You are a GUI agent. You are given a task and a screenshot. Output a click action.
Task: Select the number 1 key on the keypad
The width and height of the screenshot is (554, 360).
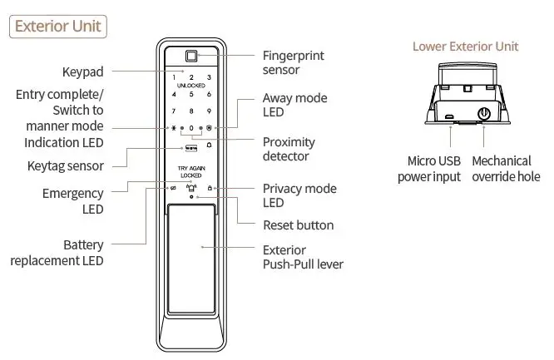tap(175, 77)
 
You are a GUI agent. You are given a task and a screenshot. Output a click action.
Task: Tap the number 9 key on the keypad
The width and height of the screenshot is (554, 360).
tap(209, 111)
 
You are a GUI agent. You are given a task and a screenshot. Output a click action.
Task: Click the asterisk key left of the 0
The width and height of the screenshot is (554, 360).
tap(174, 129)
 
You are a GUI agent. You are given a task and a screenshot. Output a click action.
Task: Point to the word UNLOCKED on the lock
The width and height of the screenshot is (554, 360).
tap(191, 86)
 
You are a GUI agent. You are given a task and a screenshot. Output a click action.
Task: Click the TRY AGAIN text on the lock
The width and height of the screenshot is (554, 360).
tap(191, 169)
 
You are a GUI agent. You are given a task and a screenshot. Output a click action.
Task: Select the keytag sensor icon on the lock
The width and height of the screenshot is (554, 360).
tap(190, 147)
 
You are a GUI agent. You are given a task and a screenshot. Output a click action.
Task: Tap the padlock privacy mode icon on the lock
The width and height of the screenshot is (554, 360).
tap(210, 189)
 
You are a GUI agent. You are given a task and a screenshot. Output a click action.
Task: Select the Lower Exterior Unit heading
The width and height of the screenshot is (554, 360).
tap(465, 47)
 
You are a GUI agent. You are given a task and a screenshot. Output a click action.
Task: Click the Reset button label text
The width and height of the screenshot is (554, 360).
tap(298, 224)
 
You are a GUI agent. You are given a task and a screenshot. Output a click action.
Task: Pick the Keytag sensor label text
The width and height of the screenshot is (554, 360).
tap(60, 165)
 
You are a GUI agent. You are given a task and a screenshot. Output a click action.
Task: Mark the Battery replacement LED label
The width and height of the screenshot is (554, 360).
tap(57, 253)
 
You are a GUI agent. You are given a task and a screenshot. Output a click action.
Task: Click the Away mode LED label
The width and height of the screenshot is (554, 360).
tap(294, 106)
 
